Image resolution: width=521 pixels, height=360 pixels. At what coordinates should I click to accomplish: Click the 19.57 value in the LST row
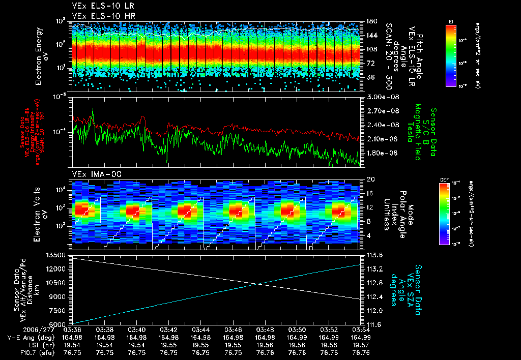coord(360,345)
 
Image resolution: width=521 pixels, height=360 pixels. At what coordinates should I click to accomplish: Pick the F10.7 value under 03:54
coord(360,352)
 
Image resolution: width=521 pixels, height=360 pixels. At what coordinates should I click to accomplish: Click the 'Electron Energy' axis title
coord(39,54)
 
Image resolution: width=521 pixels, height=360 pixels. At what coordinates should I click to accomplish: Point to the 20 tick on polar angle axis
coord(370,179)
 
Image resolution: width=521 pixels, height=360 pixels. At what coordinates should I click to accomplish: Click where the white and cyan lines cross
coord(258,284)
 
